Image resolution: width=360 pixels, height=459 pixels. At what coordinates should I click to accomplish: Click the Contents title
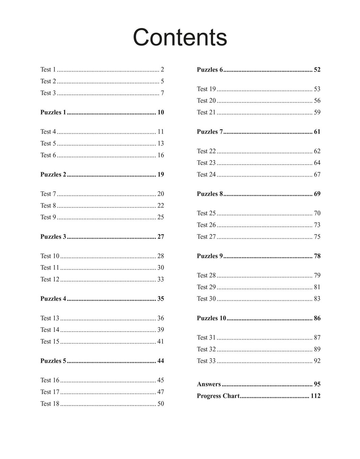point(180,37)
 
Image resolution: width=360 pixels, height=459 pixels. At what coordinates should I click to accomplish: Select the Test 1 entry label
point(48,70)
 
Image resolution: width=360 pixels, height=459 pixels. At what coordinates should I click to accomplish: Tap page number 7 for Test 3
point(162,93)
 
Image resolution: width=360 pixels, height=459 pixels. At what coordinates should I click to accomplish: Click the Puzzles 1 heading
point(53,112)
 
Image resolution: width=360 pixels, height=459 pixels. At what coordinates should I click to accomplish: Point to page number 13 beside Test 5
point(160,143)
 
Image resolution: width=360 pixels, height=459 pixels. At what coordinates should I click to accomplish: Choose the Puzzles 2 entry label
point(53,174)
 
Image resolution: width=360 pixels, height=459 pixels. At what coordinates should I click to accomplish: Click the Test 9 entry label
point(48,217)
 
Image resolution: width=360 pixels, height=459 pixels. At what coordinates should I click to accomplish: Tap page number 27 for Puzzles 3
point(161,237)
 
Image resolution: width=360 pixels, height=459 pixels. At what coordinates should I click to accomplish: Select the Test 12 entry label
point(50,279)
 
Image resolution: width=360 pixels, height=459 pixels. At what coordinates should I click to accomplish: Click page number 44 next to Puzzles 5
point(161,361)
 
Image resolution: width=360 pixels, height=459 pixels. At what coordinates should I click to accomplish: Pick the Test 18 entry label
point(50,404)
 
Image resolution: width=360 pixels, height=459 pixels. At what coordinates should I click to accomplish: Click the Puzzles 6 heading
point(210,70)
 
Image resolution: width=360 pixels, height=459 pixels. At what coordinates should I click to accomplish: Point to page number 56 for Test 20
point(317,101)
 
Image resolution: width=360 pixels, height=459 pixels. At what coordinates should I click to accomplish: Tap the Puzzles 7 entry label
point(210,132)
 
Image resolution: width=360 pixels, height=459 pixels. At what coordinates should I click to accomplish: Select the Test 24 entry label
point(206,174)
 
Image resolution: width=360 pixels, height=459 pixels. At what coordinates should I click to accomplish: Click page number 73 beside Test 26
point(317,225)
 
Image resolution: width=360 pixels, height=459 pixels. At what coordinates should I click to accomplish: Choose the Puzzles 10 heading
point(211,318)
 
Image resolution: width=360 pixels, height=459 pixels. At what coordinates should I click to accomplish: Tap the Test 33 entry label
point(206,361)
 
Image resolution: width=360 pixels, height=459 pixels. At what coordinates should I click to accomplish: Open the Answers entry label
point(209,384)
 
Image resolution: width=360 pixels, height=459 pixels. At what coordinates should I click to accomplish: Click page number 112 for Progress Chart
point(315,396)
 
